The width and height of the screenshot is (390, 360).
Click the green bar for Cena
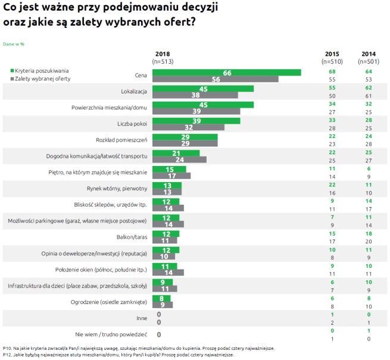coord(226,73)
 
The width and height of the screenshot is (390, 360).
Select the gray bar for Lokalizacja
coord(195,95)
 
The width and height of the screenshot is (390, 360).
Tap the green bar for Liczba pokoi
coord(196,121)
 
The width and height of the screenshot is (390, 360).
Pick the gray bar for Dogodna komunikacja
coord(180,159)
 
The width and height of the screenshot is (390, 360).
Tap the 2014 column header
coord(369,57)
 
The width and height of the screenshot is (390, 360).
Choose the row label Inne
coord(142,318)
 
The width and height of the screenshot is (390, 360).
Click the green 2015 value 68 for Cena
coord(332,73)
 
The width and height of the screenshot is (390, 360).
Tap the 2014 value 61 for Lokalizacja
coord(369,95)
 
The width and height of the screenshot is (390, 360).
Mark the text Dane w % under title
coord(14,44)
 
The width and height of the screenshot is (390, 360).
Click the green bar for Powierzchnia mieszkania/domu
coord(203,105)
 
